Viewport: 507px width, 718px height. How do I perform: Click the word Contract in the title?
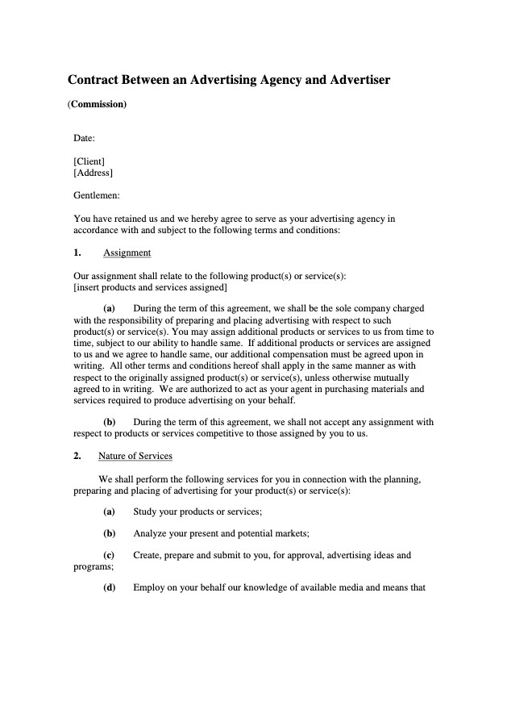click(x=94, y=80)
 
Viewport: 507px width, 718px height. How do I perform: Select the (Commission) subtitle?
click(x=97, y=104)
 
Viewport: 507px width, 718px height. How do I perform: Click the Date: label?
click(x=85, y=138)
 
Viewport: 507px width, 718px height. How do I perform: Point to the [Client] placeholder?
click(x=89, y=161)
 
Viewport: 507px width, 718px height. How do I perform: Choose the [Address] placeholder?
click(x=93, y=173)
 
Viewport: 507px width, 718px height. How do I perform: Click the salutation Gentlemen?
click(x=97, y=195)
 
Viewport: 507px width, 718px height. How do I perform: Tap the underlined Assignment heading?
click(x=127, y=253)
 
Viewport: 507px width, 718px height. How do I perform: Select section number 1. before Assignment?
click(x=77, y=253)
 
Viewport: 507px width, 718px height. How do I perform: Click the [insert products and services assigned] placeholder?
click(x=150, y=287)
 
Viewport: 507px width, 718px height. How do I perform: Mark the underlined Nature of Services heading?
click(x=135, y=456)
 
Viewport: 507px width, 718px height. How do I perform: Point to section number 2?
click(x=77, y=456)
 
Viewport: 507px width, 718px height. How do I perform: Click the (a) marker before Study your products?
click(x=109, y=511)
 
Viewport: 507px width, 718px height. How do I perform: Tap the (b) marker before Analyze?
click(x=109, y=533)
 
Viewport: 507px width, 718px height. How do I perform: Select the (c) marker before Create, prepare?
click(x=109, y=555)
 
